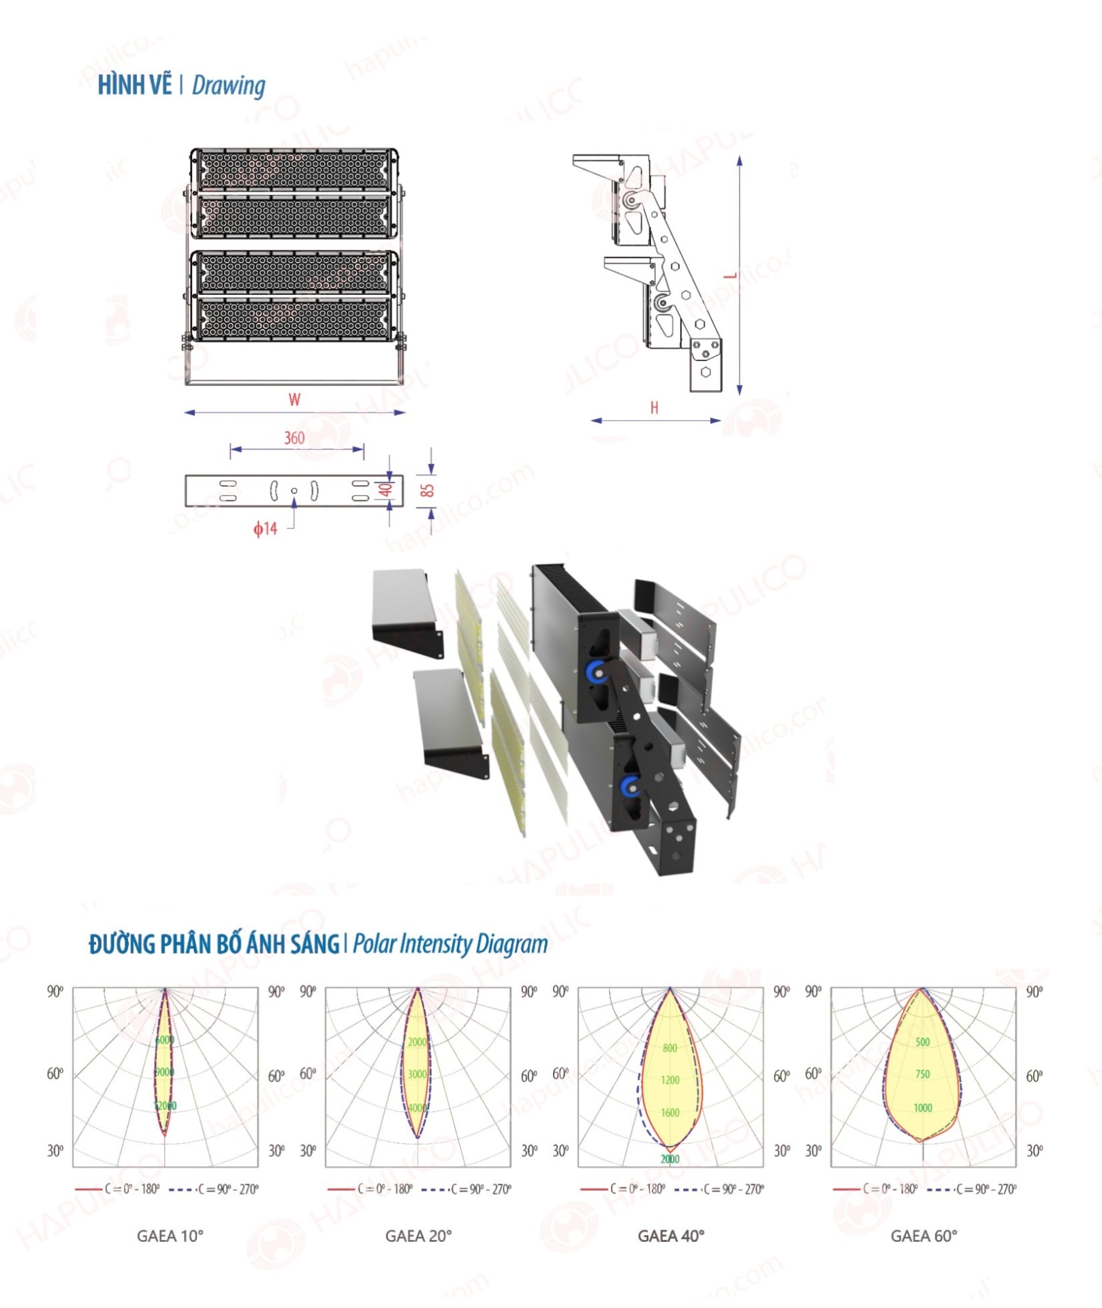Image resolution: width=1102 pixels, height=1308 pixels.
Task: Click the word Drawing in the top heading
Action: [228, 86]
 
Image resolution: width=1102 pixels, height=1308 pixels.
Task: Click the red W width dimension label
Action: [294, 400]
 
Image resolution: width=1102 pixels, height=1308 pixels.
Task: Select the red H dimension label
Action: [654, 408]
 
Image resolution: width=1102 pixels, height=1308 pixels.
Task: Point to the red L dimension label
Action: [730, 276]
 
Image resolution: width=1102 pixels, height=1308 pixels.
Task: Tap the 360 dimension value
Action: [294, 438]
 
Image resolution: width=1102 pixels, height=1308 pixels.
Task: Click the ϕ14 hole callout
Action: [265, 529]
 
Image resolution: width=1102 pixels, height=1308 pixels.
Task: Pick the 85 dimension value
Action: [427, 490]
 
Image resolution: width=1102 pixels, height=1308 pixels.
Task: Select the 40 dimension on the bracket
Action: [386, 490]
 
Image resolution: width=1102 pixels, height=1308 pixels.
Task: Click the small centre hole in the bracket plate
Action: [294, 490]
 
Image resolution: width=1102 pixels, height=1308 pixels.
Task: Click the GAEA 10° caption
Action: [170, 1236]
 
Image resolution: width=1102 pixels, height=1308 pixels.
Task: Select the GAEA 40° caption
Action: [671, 1236]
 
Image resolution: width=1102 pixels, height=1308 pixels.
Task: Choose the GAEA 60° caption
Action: [924, 1236]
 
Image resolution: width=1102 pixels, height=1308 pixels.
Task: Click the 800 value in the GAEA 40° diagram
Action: [670, 1048]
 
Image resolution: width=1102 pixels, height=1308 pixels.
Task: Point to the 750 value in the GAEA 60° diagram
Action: [922, 1074]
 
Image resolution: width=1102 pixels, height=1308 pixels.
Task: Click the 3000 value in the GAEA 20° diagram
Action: [417, 1074]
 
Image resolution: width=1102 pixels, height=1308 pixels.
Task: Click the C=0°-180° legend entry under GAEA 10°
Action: [132, 1189]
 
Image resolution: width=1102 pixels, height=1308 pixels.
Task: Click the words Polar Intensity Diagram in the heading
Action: [450, 944]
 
